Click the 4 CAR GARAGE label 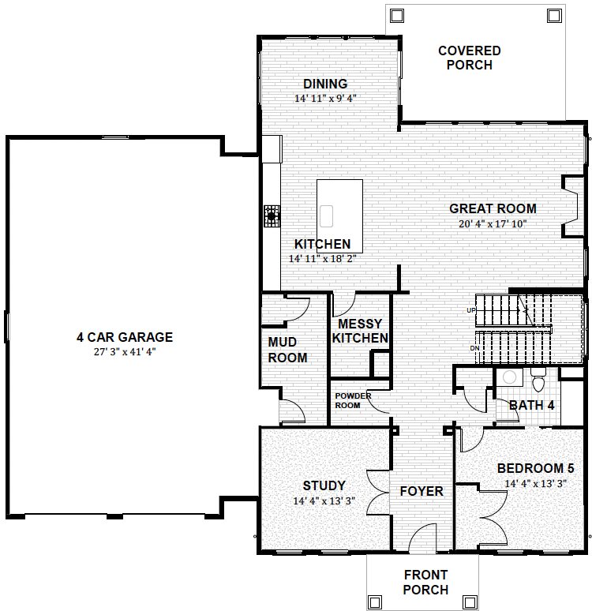(x=125, y=337)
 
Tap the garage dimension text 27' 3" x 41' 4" (x=125, y=352)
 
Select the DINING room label (x=325, y=84)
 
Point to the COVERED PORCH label (x=469, y=58)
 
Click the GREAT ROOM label (x=493, y=208)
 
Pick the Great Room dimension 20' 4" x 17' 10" (x=493, y=224)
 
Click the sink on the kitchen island (x=326, y=216)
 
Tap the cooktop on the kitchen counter (x=272, y=216)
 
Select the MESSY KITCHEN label (x=360, y=331)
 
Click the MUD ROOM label (x=287, y=350)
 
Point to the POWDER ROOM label (x=353, y=400)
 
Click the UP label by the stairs (x=471, y=310)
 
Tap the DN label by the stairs (x=474, y=348)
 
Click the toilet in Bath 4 (x=538, y=380)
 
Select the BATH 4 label (x=531, y=405)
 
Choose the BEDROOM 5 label (x=536, y=468)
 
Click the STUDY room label (x=324, y=485)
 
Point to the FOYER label (x=422, y=491)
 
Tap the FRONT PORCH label (x=425, y=582)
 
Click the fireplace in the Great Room (x=573, y=207)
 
